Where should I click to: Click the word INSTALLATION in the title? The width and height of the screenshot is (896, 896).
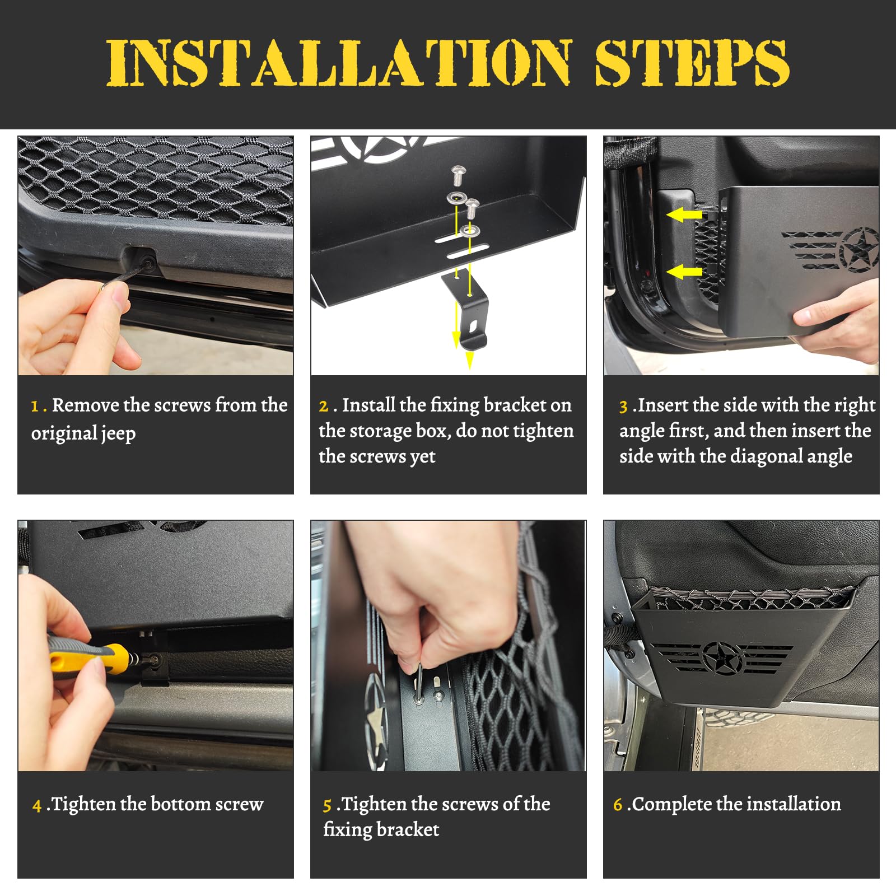(x=339, y=62)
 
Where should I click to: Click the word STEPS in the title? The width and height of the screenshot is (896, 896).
(x=692, y=62)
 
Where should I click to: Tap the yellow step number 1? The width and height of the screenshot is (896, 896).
(x=35, y=406)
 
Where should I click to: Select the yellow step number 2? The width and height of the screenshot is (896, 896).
(x=324, y=406)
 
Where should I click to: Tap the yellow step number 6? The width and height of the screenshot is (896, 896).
(x=618, y=805)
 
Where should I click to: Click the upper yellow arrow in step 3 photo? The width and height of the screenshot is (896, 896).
(x=684, y=214)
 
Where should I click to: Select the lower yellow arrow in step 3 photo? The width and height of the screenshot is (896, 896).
(x=684, y=272)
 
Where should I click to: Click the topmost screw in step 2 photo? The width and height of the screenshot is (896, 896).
(x=459, y=176)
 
